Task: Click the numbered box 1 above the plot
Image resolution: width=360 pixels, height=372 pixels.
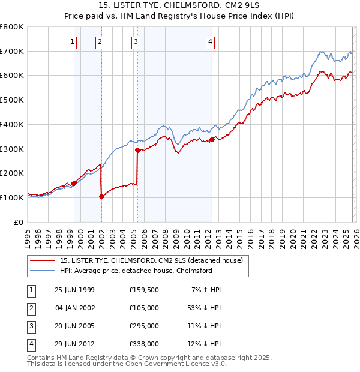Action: [x=73, y=41]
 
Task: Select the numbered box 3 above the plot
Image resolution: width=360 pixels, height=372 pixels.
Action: [x=136, y=41]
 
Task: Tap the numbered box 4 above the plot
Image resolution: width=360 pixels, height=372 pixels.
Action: [x=211, y=41]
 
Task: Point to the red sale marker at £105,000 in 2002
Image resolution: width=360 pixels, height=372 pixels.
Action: [x=101, y=196]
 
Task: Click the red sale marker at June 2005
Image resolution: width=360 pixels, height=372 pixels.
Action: [x=137, y=150]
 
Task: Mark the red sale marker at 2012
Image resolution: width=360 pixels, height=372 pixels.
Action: [x=212, y=139]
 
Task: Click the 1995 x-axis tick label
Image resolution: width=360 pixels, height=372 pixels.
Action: [x=28, y=234]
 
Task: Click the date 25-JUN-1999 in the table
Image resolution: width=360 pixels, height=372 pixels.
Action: [x=74, y=290]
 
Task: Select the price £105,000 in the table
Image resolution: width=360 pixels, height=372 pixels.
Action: [x=143, y=308]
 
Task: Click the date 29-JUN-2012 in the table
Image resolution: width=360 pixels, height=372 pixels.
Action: [x=74, y=344]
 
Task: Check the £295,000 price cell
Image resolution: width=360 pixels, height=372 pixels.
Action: [x=143, y=326]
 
